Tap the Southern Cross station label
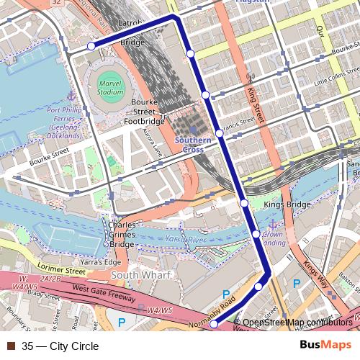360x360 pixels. (x=193, y=144)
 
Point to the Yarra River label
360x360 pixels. (x=186, y=238)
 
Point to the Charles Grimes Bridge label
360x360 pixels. (x=122, y=234)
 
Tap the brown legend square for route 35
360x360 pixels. (x=9, y=346)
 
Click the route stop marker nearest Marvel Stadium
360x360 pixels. (x=91, y=46)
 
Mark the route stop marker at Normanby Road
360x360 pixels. (x=213, y=325)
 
